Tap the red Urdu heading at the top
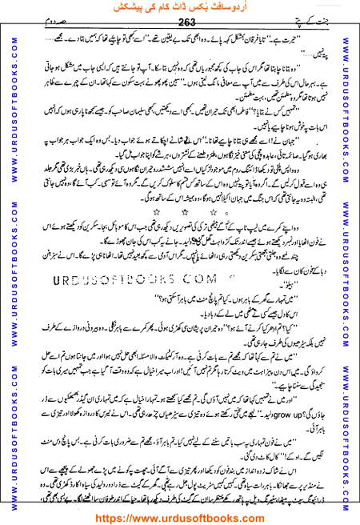181,8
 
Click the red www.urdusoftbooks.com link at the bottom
181,516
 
